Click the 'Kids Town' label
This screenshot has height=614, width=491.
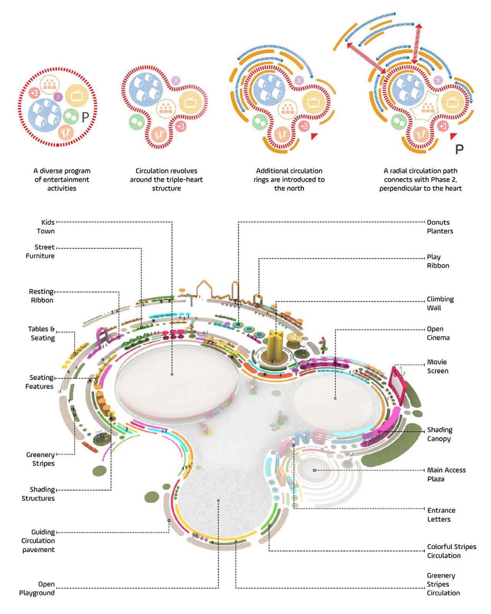click(46, 227)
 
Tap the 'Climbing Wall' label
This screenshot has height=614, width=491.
click(440, 303)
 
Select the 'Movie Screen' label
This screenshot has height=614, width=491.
click(438, 366)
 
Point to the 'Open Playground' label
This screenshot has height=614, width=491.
click(37, 588)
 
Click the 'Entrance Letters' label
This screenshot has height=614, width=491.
click(441, 515)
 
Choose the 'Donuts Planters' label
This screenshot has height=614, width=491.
click(440, 227)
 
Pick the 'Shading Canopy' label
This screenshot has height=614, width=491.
click(440, 434)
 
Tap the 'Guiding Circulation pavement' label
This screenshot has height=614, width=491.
click(38, 541)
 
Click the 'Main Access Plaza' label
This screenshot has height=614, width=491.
click(446, 474)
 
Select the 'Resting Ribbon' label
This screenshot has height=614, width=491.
click(41, 296)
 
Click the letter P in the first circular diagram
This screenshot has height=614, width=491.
click(85, 117)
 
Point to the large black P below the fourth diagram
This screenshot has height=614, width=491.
click(459, 149)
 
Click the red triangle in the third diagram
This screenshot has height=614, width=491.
click(315, 135)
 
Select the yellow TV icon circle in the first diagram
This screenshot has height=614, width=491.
click(77, 95)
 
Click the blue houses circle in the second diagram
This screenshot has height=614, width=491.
click(146, 90)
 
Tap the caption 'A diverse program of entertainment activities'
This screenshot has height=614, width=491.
click(62, 180)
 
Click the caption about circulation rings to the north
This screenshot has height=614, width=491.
click(289, 180)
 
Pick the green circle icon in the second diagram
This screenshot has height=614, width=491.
click(136, 122)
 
